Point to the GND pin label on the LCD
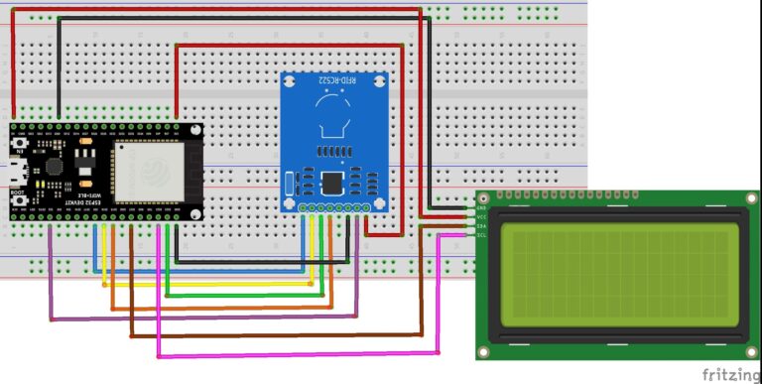pos(482,209)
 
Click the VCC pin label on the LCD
pos(482,217)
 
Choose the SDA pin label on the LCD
pos(482,226)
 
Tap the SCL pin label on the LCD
pos(482,235)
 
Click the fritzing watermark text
pos(730,374)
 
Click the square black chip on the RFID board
pos(332,183)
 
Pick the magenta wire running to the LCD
pos(298,353)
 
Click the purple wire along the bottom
pos(198,319)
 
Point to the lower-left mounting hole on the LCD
pos(484,352)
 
